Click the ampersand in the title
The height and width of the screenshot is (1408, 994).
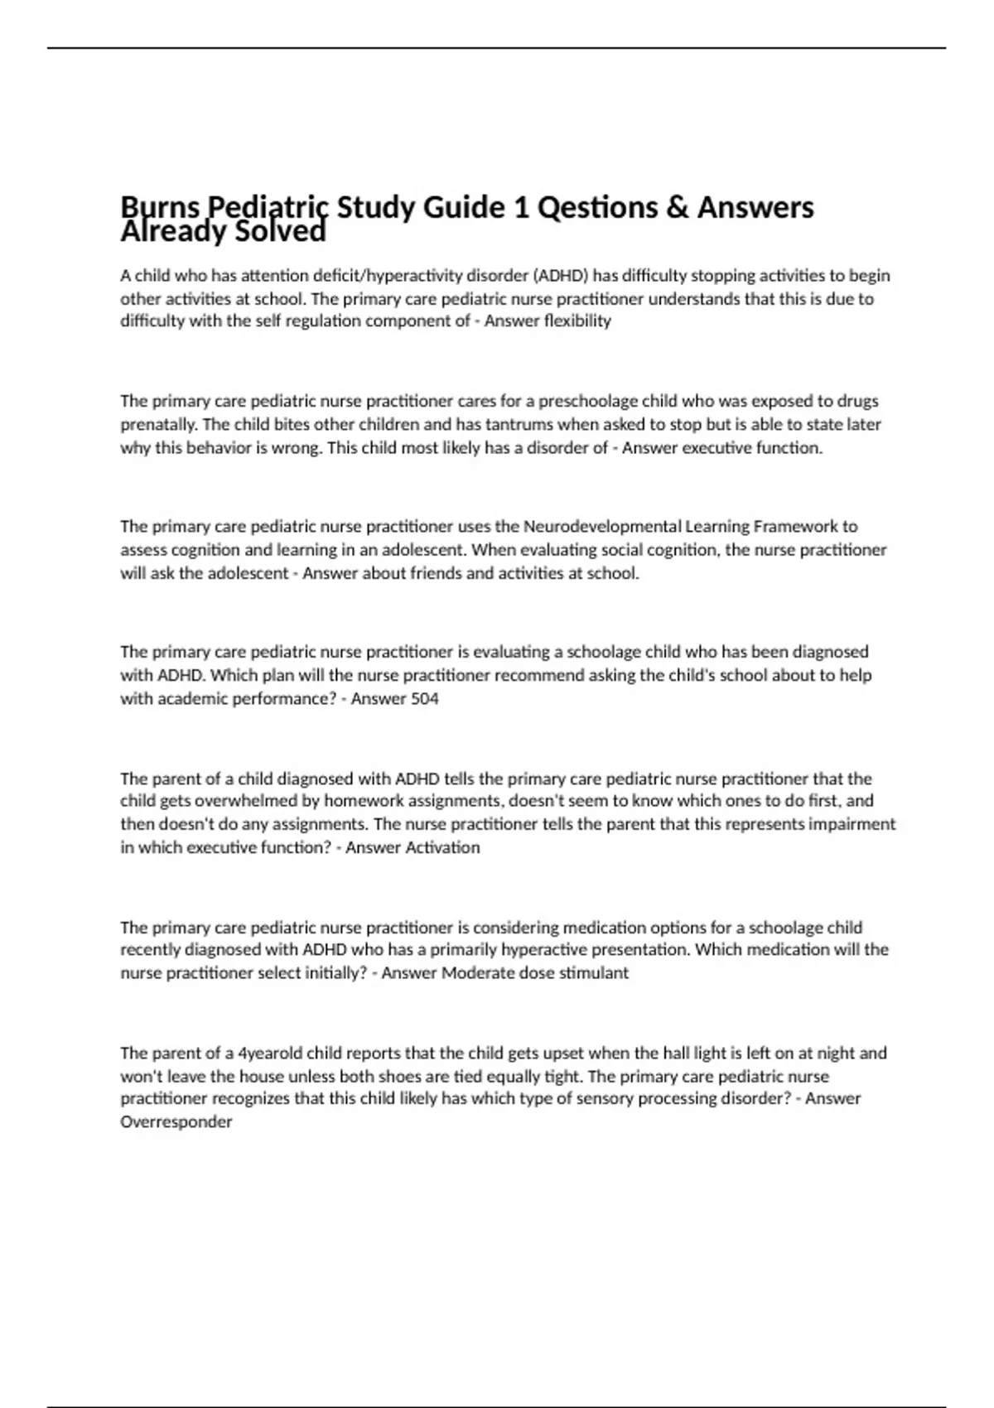pyautogui.click(x=677, y=207)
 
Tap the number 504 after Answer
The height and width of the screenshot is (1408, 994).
pyautogui.click(x=425, y=699)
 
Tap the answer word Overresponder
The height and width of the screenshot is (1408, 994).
pyautogui.click(x=176, y=1122)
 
